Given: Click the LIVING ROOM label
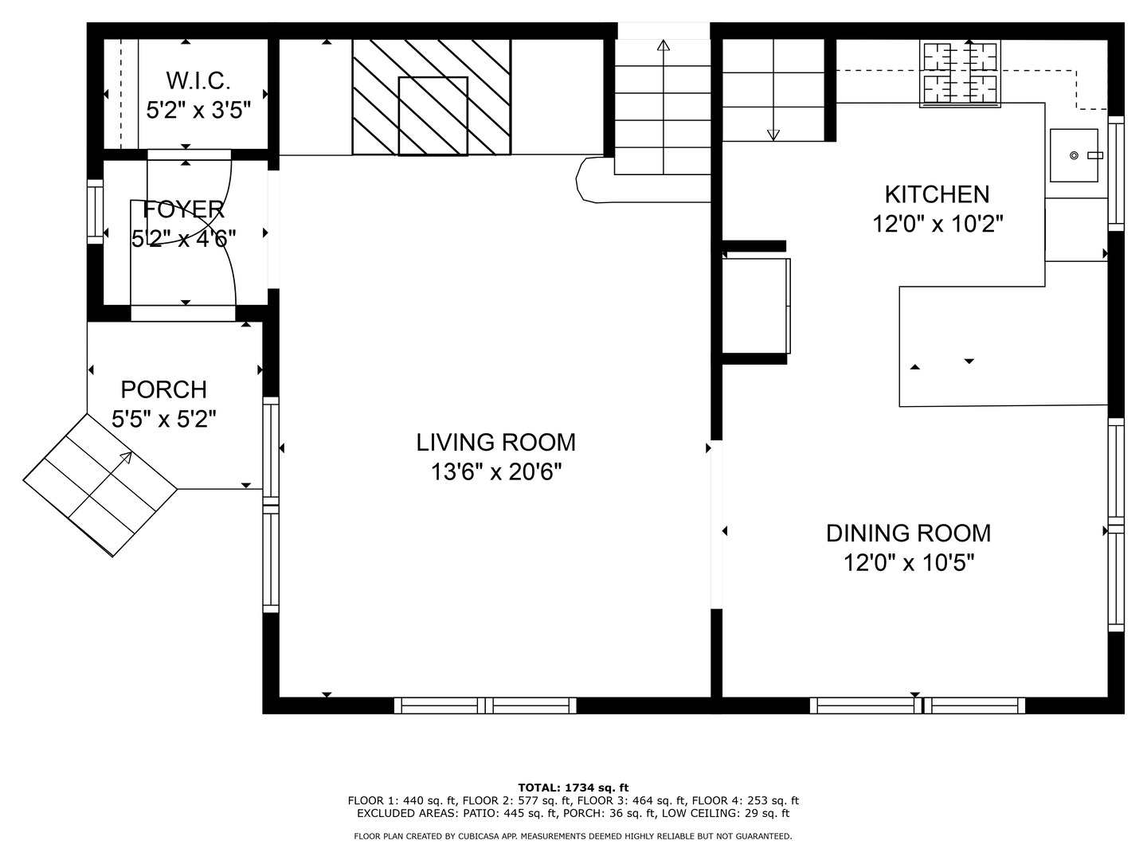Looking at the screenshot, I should coord(495,442).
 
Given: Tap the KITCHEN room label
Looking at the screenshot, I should coord(937,194).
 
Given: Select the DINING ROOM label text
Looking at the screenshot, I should coord(908,533).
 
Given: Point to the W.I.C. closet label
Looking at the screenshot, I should coord(198,80).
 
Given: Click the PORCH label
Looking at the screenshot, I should coord(163,389).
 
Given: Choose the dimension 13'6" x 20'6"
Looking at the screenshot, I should coord(496,472).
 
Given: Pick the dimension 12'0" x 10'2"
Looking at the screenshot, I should coord(937,225).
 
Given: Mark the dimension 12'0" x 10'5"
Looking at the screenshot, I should coord(909,563).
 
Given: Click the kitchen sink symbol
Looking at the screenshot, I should coord(1073,155).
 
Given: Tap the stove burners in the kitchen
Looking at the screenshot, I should coord(959,73).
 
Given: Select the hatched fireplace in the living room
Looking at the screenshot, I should coord(431,96).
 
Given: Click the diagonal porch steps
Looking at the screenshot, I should coord(100,486).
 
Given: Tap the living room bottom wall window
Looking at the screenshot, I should coord(485,706).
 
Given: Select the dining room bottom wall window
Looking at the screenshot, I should coord(918,706).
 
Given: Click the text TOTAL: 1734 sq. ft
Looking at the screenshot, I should coord(573,788).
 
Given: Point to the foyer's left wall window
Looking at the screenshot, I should coord(95,211).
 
